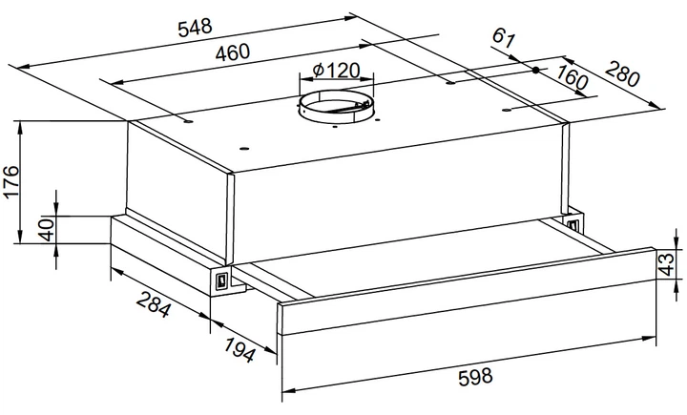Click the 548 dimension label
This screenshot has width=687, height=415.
[195, 27]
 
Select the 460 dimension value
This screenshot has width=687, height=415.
[232, 52]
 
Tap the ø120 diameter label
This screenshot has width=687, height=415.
[337, 70]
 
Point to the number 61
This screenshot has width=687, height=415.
[503, 38]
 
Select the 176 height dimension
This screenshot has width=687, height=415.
[10, 182]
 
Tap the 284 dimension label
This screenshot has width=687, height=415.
[153, 304]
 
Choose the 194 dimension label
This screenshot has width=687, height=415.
[239, 350]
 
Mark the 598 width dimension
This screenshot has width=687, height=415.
[475, 377]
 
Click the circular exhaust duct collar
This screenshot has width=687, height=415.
[337, 107]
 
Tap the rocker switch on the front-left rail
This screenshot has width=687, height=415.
[221, 280]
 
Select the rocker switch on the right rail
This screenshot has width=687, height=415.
[573, 225]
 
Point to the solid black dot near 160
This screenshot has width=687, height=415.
[535, 70]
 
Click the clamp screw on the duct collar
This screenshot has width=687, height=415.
[363, 105]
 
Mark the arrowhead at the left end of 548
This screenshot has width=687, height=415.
[23, 67]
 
